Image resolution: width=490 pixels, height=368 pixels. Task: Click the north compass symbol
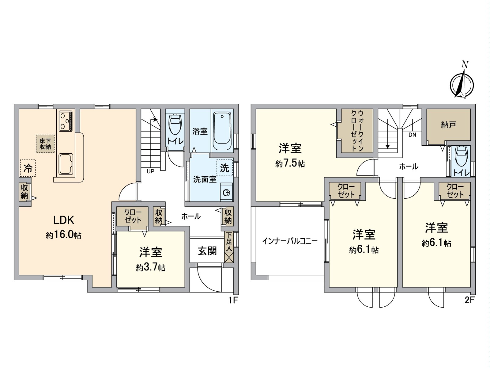tap(462, 83)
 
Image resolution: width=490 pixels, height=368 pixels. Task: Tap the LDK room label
tap(64, 220)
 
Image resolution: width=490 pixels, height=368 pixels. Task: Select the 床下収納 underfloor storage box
tap(45, 144)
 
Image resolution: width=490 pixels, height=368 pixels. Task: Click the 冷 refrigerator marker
tap(28, 168)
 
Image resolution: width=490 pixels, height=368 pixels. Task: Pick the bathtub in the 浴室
tap(222, 132)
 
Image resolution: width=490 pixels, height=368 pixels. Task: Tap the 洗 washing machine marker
tap(225, 167)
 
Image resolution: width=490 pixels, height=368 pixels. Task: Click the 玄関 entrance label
tap(207, 251)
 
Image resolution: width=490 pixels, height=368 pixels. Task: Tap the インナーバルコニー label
tap(290, 241)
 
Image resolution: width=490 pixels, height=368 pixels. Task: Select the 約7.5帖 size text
tap(290, 163)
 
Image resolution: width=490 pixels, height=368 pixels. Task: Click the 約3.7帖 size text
tap(151, 267)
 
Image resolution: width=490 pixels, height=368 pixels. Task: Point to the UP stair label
tap(150, 171)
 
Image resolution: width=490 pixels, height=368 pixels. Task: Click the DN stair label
tap(412, 135)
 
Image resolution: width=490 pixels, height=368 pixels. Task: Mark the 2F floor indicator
tap(469, 300)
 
